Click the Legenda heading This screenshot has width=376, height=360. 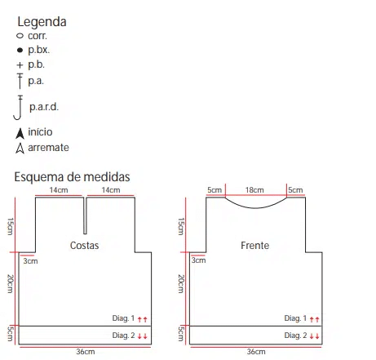(42, 22)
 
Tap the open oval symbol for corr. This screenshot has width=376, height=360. (20, 35)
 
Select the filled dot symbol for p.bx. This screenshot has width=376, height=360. (20, 50)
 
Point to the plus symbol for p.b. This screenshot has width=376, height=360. (20, 65)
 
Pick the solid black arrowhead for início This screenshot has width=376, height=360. (20, 133)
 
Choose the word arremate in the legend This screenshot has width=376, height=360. (48, 148)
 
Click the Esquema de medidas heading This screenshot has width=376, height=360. (72, 177)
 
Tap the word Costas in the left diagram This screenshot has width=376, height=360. (84, 246)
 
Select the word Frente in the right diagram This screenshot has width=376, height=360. (255, 246)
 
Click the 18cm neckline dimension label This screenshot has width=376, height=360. (254, 190)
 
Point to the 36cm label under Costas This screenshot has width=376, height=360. (86, 352)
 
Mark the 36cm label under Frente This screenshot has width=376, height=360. (256, 352)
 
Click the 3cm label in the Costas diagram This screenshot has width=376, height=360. (30, 261)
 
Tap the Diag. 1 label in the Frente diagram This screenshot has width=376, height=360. (295, 318)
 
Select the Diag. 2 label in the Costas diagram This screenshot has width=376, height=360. (123, 336)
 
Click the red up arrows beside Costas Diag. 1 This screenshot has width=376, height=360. (142, 319)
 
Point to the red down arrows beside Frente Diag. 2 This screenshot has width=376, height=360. (314, 336)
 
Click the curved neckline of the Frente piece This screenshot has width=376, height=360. (256, 208)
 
